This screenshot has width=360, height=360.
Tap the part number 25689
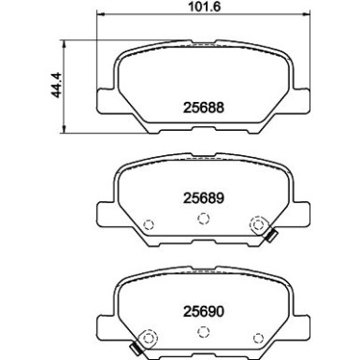204,199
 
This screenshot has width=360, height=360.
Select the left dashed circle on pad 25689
148,223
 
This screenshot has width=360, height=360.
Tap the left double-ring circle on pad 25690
147,338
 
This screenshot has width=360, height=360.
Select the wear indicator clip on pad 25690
137,350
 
